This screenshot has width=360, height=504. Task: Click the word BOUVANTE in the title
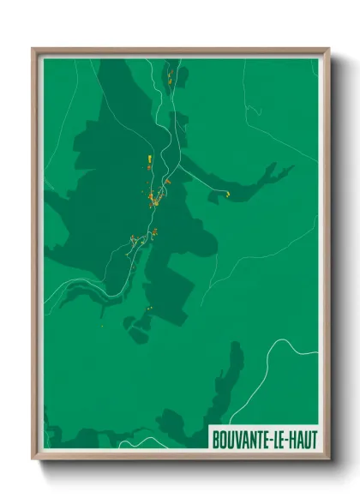click(x=240, y=439)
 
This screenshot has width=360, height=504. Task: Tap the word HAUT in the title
click(x=301, y=439)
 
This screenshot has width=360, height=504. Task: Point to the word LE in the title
click(x=279, y=439)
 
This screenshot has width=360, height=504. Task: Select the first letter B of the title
click(x=215, y=439)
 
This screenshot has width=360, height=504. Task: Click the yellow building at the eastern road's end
click(x=228, y=195)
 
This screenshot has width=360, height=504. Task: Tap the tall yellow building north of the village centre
click(x=149, y=160)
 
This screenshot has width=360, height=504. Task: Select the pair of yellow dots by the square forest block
click(x=150, y=309)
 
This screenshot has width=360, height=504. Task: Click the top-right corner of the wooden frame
click(x=327, y=50)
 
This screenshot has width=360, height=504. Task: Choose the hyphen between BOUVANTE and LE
click(x=270, y=439)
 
